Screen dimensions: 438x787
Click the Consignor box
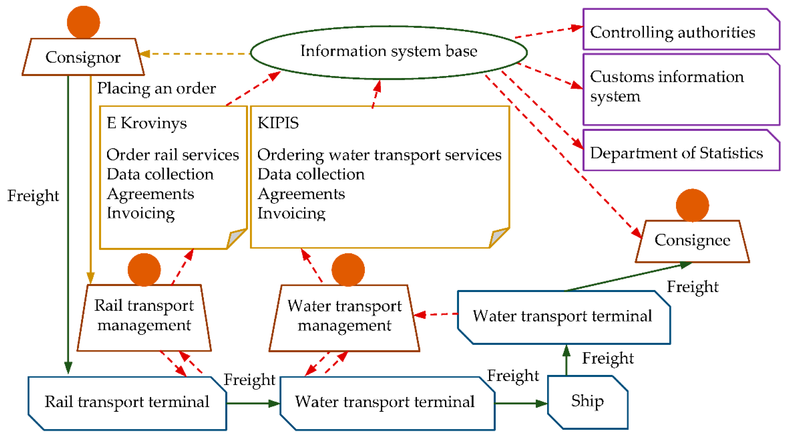tap(83, 57)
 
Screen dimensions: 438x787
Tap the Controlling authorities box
tap(681, 30)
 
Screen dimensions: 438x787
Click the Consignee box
tap(692, 241)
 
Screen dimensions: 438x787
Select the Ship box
tap(588, 402)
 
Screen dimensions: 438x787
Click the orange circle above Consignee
tap(692, 205)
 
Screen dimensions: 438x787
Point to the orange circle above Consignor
tap(83, 22)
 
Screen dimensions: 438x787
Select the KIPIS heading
tap(278, 123)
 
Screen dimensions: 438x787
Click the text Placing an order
tap(156, 89)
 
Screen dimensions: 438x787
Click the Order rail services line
tap(172, 155)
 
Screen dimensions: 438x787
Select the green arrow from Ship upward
tap(566, 360)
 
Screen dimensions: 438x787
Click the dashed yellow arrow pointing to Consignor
tap(196, 54)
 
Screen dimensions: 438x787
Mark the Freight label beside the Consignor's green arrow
tap(33, 196)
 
